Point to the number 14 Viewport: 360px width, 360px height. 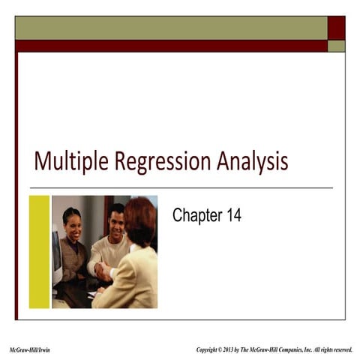click(x=233, y=217)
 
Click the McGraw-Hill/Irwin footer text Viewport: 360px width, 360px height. click(x=30, y=350)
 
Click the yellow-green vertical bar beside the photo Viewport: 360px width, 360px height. click(x=39, y=251)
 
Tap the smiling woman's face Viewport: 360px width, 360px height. click(x=72, y=222)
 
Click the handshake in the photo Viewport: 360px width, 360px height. click(x=103, y=271)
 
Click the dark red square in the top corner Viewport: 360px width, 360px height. click(x=337, y=27)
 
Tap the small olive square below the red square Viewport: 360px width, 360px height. click(x=337, y=46)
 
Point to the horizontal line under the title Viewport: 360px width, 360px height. click(x=180, y=187)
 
